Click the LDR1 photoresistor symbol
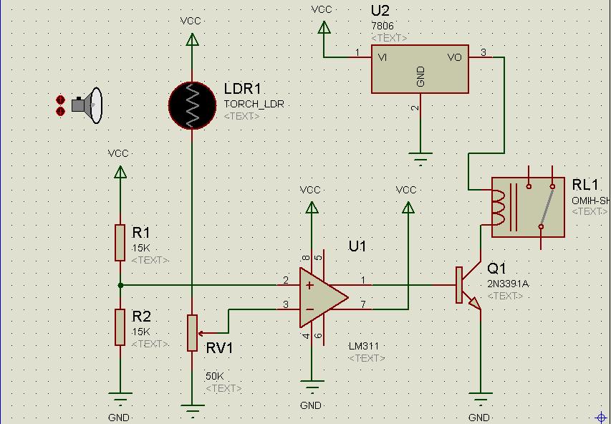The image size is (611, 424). tap(192, 106)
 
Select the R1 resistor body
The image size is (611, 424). tap(120, 242)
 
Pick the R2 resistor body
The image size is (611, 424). tap(120, 327)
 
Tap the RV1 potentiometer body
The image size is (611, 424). tap(192, 333)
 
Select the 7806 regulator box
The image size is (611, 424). tap(420, 69)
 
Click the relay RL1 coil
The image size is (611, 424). tap(499, 206)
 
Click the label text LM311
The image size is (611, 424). tap(364, 346)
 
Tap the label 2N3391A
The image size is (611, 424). tap(508, 284)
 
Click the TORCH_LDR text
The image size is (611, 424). tap(254, 104)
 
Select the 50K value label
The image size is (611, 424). tap(215, 376)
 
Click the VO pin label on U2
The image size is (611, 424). tap(455, 57)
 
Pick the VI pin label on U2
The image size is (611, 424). tap(383, 57)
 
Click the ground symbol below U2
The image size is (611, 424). tap(420, 158)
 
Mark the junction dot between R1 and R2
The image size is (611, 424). tap(120, 285)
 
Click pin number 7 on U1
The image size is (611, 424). tap(363, 305)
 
